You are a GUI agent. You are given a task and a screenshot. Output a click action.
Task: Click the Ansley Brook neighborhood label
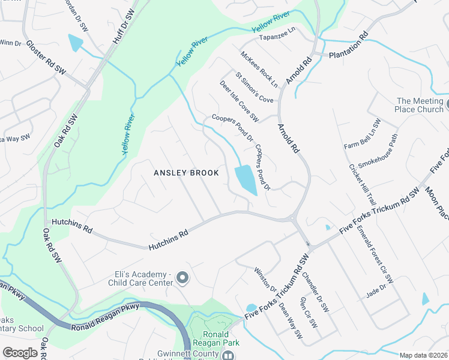[x=185, y=173]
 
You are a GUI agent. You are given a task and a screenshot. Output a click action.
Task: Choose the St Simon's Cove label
[x=254, y=88]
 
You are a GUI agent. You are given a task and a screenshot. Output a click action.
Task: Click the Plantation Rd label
[x=348, y=47]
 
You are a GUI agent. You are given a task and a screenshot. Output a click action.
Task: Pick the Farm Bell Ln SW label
[x=363, y=134]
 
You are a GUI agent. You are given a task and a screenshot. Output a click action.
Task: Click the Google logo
[x=20, y=353]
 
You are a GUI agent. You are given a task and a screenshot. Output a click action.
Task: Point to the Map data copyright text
[x=423, y=355]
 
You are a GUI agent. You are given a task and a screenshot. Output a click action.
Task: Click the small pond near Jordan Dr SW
[x=76, y=43]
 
